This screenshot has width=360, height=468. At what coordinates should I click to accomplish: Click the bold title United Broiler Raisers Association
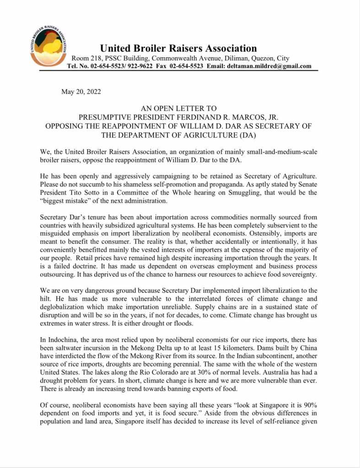[x=178, y=48]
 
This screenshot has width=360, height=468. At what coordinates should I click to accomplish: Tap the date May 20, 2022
[x=81, y=91]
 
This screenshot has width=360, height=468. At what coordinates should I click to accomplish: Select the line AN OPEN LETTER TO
[x=178, y=108]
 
